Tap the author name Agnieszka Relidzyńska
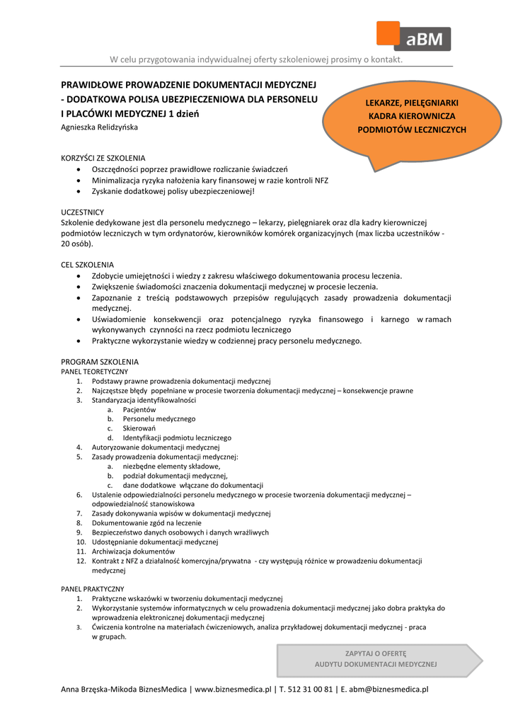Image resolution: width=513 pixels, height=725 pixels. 99,127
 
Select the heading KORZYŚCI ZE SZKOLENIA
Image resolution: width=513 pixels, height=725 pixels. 103,158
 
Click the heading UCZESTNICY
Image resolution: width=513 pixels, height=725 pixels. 83,212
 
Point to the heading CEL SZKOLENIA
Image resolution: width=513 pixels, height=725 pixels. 88,264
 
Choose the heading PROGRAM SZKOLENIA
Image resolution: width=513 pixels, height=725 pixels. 100,362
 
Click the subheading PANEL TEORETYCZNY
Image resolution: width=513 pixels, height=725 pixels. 95,371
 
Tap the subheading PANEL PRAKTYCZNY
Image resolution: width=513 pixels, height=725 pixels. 93,588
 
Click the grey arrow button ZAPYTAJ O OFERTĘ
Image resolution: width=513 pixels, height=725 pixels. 376,659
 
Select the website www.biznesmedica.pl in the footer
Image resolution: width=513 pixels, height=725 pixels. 233,689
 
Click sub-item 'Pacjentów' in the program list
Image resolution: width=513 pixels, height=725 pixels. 139,409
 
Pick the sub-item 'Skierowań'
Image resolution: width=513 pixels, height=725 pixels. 139,428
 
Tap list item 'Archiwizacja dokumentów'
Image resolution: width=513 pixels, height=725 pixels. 133,551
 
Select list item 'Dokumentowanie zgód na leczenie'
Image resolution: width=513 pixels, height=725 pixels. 146,523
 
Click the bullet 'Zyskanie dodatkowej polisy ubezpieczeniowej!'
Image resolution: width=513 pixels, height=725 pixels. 173,191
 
